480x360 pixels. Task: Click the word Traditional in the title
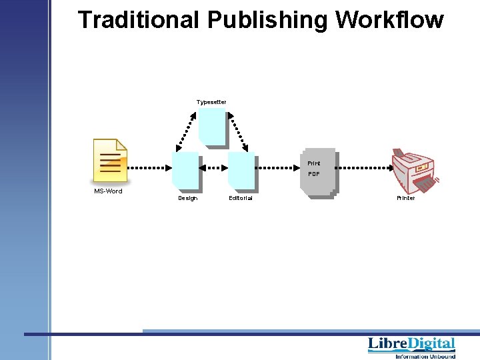click(x=139, y=20)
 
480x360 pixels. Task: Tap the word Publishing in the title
click(x=267, y=20)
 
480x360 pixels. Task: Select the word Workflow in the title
click(x=389, y=20)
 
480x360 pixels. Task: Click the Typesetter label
click(x=211, y=102)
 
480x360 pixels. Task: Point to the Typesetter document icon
click(x=212, y=127)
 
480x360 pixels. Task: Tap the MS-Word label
click(x=108, y=191)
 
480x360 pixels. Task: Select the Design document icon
click(x=185, y=170)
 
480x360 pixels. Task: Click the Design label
click(x=187, y=198)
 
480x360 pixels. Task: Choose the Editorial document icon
click(x=241, y=170)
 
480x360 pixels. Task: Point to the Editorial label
click(x=241, y=198)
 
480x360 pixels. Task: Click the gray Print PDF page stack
click(x=319, y=172)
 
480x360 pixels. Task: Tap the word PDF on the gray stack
click(x=313, y=174)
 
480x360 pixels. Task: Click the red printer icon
click(x=413, y=170)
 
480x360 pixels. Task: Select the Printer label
click(x=405, y=198)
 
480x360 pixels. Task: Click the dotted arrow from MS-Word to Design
click(x=148, y=168)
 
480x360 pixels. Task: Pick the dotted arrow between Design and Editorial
click(x=213, y=168)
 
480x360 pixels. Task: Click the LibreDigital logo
click(x=411, y=345)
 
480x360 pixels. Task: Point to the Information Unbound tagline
click(x=425, y=357)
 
